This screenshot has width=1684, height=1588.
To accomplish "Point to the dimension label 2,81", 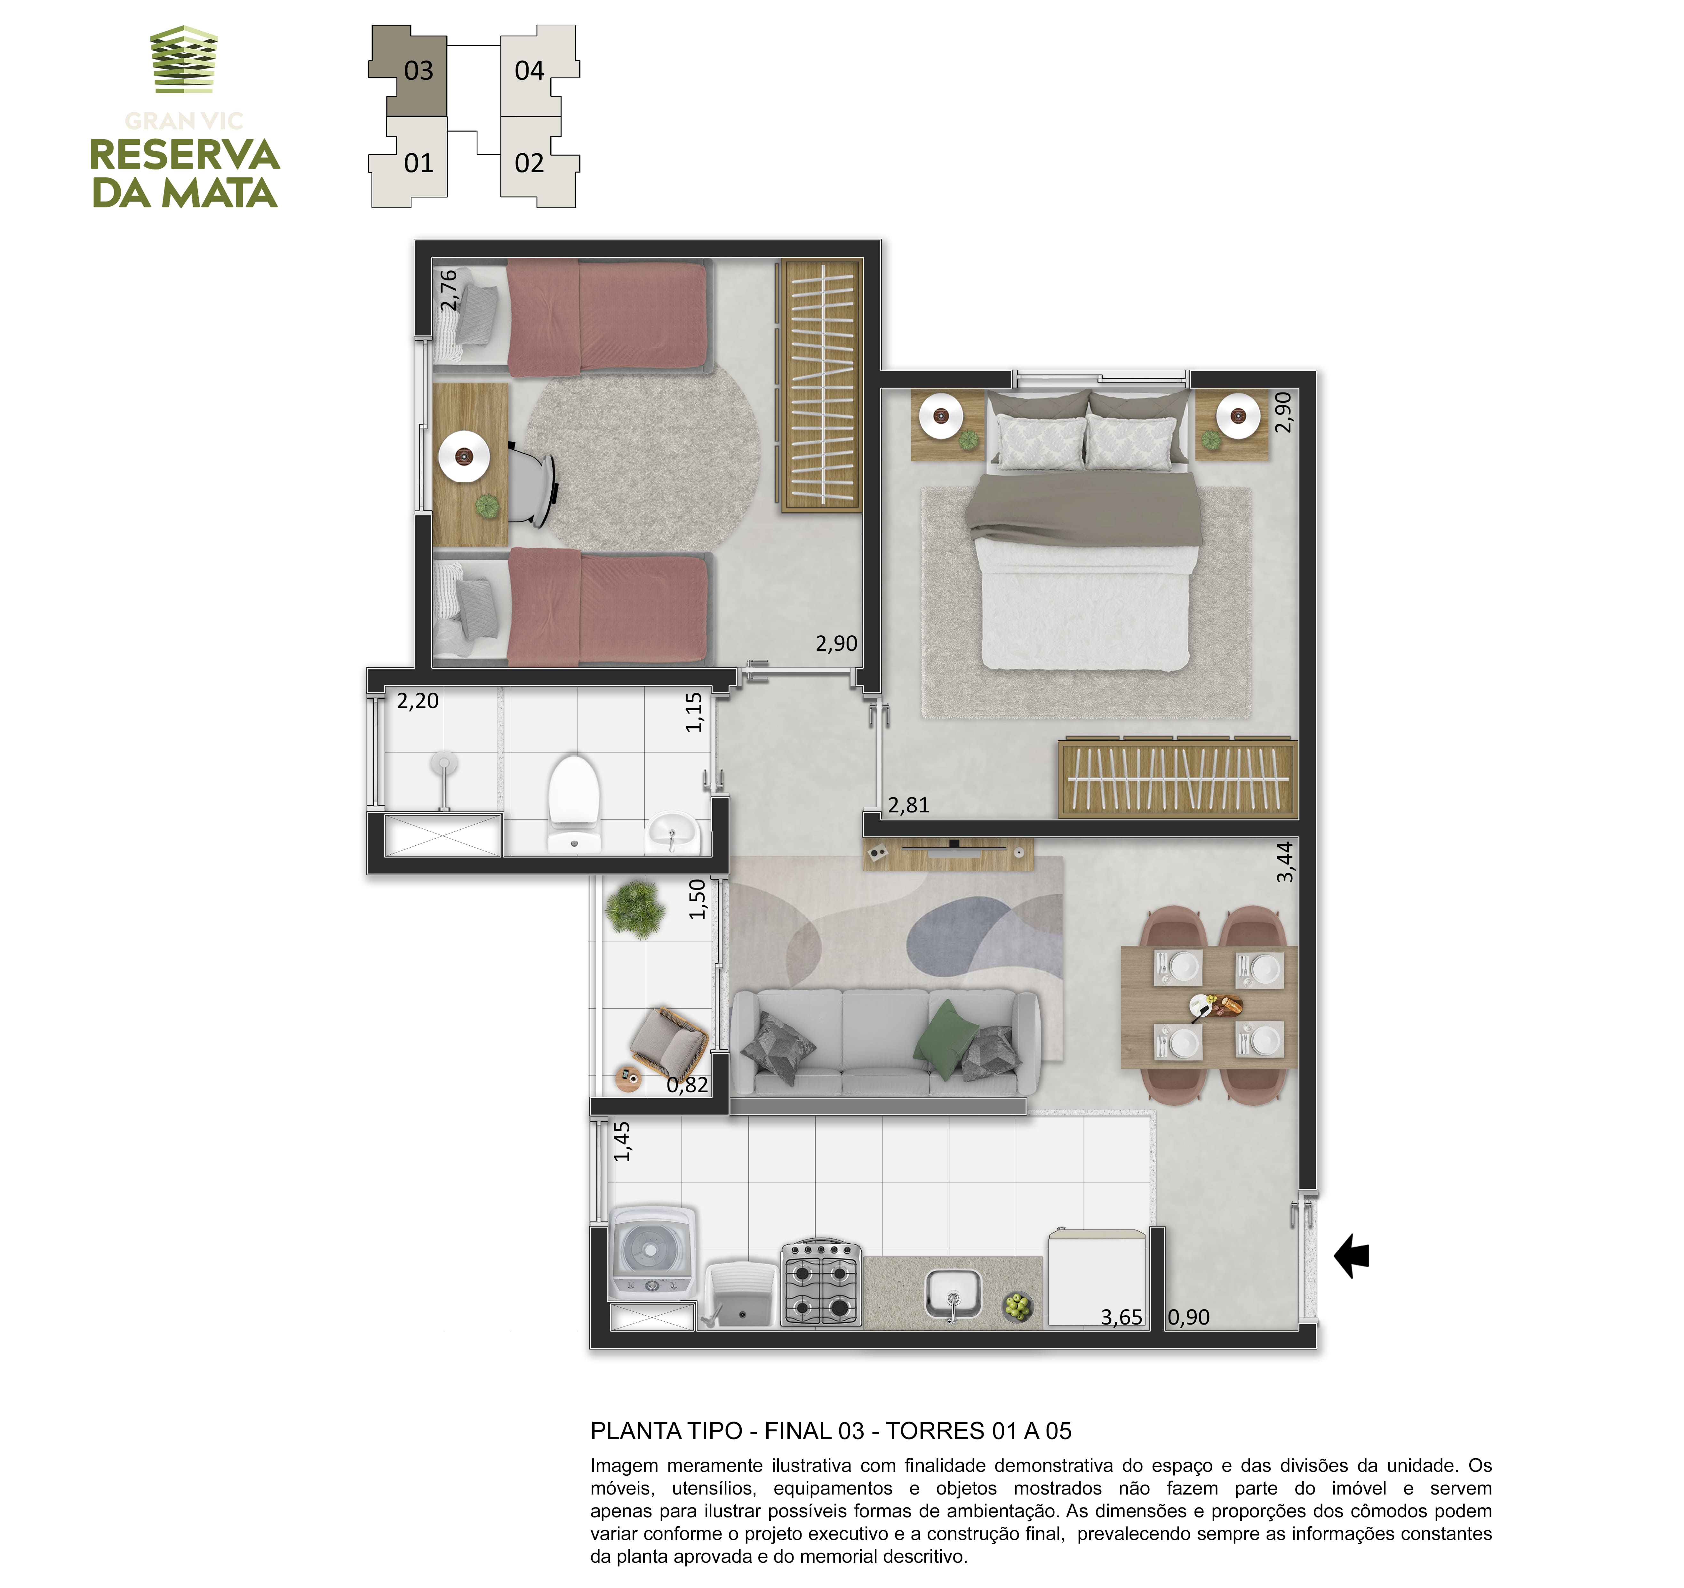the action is tap(909, 805).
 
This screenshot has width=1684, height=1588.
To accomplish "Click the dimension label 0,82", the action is tap(687, 1085).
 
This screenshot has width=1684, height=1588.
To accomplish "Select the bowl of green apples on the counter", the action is tap(1018, 1307).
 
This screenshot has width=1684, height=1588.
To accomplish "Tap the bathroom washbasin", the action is tap(674, 833).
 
